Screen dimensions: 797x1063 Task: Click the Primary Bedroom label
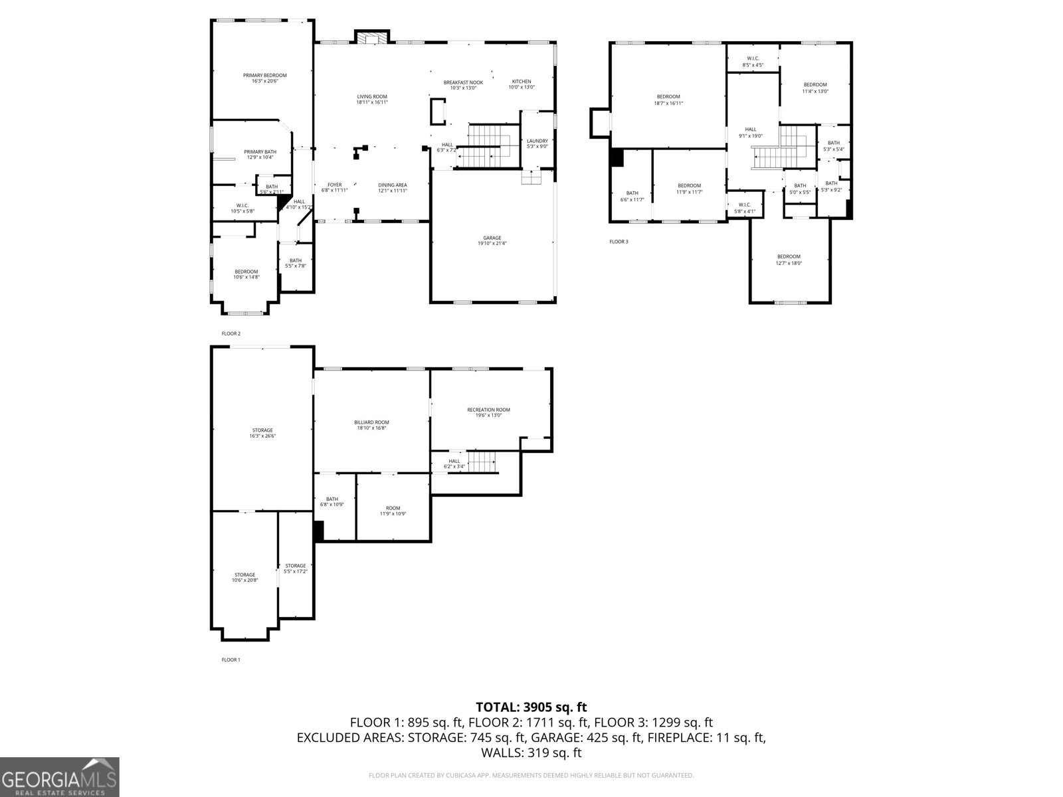point(264,78)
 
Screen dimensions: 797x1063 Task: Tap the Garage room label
point(492,240)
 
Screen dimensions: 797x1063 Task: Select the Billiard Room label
point(371,425)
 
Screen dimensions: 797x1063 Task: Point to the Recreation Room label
point(488,412)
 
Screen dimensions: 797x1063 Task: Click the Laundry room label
point(537,143)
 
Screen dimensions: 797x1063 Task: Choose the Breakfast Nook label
point(463,85)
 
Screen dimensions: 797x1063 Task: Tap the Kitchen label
point(522,84)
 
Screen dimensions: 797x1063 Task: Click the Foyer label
point(334,187)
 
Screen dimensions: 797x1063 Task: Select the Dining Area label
point(393,187)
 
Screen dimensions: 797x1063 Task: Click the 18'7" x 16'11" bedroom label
point(668,100)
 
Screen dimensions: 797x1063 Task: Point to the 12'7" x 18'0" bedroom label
point(789,260)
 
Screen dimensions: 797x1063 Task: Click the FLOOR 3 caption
point(619,242)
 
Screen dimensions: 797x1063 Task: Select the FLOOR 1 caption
point(231,660)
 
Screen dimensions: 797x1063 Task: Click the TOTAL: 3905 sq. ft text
point(531,707)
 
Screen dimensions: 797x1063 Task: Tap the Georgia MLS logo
point(59,777)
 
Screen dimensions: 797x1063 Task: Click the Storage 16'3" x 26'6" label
point(262,433)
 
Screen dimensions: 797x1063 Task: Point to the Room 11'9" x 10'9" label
point(393,511)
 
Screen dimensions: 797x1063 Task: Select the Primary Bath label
point(260,155)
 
